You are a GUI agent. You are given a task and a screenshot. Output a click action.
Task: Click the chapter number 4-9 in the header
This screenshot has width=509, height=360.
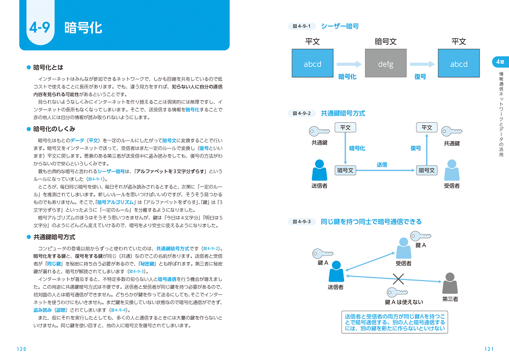(x=39, y=28)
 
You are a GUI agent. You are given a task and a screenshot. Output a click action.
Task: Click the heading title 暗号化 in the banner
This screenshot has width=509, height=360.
(x=83, y=28)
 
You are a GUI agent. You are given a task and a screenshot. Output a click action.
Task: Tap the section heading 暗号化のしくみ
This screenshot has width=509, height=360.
(x=54, y=129)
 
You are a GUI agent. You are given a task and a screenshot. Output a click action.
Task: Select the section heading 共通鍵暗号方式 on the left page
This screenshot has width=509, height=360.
(x=54, y=237)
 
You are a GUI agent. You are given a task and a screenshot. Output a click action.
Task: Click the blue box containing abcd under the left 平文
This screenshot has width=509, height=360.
(x=312, y=64)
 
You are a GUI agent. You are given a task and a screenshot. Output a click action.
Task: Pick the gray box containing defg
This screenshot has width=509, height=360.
(x=385, y=64)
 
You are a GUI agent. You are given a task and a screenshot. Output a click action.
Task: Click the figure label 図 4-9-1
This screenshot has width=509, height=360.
(x=302, y=26)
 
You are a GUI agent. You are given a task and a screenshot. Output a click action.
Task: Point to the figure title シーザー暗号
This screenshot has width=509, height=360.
(x=340, y=26)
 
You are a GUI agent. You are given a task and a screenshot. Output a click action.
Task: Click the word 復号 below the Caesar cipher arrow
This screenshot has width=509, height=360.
(x=420, y=76)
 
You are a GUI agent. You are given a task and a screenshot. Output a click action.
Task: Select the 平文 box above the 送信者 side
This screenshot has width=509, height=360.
(x=345, y=128)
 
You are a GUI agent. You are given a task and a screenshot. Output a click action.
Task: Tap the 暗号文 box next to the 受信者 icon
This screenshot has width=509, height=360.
(x=427, y=170)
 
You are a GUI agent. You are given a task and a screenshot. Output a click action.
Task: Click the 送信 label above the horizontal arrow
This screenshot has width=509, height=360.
(x=382, y=164)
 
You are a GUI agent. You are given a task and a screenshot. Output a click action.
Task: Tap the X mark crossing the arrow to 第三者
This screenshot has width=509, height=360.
(x=398, y=279)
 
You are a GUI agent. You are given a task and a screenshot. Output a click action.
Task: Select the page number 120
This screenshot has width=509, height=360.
(x=21, y=349)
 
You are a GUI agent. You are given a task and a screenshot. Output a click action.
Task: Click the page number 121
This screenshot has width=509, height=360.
(x=489, y=349)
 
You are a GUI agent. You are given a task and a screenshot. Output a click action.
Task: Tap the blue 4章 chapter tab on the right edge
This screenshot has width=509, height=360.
(x=500, y=62)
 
